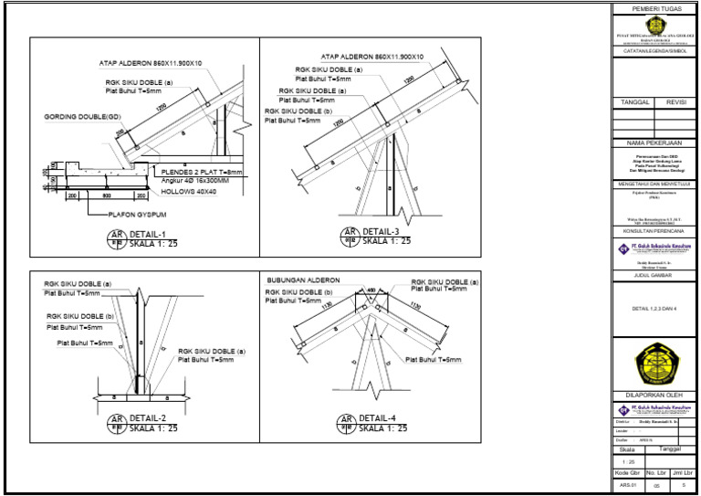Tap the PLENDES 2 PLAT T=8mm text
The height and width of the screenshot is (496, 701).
202,172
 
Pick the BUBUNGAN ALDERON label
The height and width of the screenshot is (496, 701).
303,280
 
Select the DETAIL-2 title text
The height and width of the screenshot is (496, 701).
149,417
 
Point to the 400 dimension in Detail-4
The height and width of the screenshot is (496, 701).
370,290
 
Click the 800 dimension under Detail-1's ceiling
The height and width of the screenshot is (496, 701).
106,195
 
